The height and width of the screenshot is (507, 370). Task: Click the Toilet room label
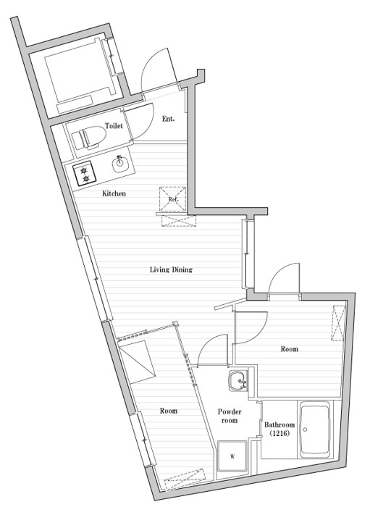tap(114, 125)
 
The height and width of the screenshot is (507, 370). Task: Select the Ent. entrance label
tap(168, 119)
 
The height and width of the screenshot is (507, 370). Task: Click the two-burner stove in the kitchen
tap(85, 174)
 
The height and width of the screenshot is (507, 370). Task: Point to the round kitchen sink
tap(121, 165)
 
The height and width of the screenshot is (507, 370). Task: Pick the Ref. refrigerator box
tap(174, 199)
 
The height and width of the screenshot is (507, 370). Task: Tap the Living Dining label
tap(171, 270)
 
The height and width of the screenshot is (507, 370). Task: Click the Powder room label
tap(229, 416)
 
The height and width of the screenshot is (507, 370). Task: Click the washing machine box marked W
tap(232, 456)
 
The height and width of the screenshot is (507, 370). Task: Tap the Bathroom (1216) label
tap(279, 429)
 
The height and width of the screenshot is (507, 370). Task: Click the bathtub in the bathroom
tap(316, 430)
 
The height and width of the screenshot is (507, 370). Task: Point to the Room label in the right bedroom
tap(289, 349)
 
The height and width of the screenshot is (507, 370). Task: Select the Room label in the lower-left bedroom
tap(169, 411)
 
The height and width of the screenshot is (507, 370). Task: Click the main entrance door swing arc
tap(156, 69)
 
